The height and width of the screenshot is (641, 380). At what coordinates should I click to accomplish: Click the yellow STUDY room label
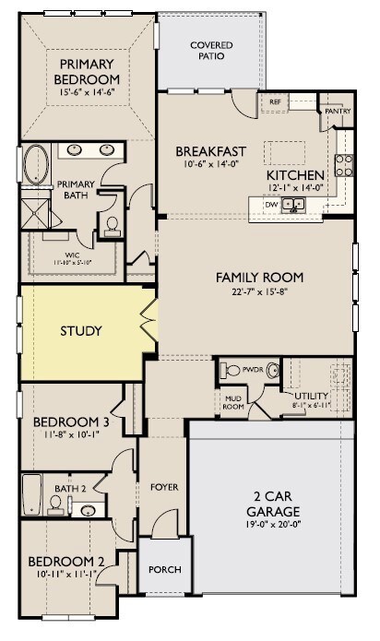click(81, 331)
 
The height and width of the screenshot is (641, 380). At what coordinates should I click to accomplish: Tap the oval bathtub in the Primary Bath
click(36, 163)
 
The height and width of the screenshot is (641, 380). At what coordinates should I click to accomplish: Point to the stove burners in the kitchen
click(343, 165)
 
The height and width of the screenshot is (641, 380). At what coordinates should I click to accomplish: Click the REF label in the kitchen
click(275, 102)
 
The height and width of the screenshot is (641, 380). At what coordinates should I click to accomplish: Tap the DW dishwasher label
click(271, 205)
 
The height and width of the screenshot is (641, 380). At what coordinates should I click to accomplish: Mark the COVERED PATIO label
click(211, 50)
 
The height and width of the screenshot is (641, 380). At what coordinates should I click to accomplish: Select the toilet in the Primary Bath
click(112, 223)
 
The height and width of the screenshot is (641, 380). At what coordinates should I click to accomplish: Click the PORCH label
click(164, 569)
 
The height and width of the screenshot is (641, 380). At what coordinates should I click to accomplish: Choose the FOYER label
click(164, 487)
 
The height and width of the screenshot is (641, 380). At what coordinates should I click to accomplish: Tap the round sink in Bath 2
click(89, 508)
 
